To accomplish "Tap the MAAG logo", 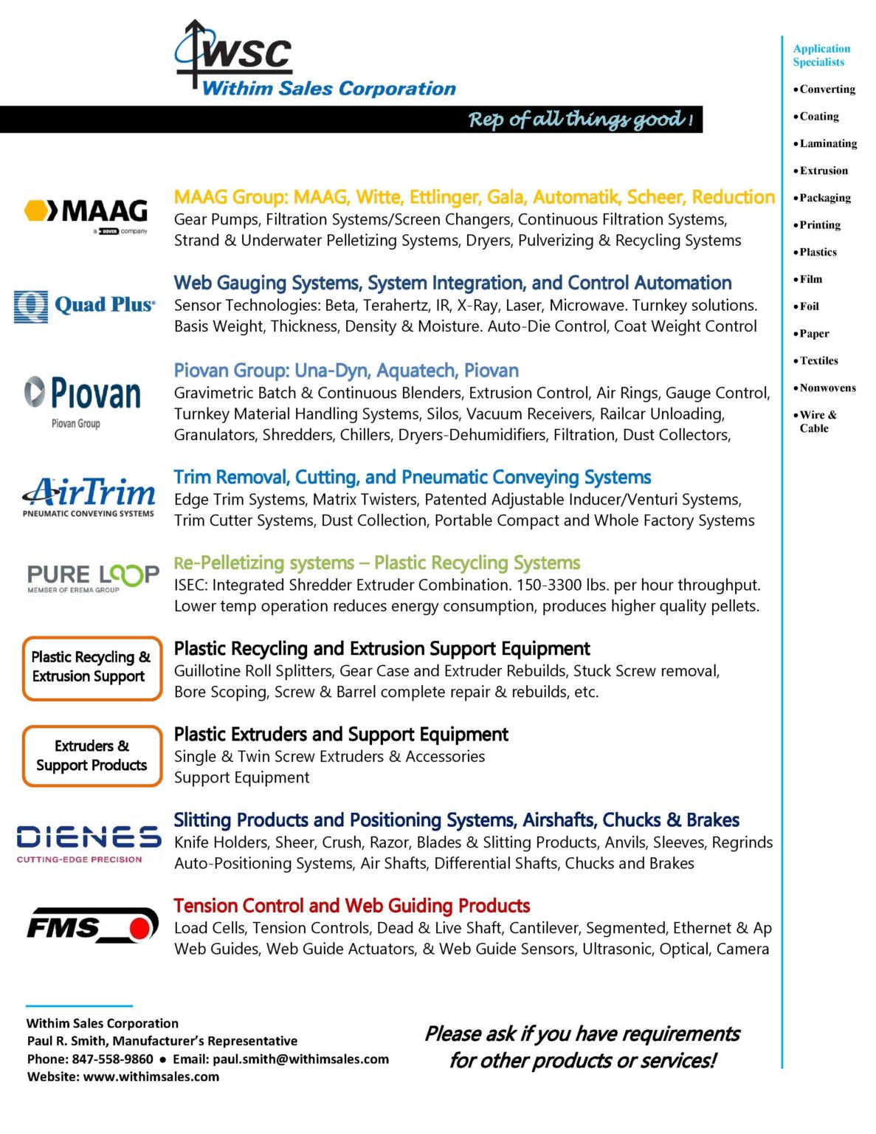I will [x=87, y=214].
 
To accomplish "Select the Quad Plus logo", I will [x=85, y=306].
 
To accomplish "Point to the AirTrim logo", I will [x=89, y=496].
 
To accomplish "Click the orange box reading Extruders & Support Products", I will [x=92, y=756].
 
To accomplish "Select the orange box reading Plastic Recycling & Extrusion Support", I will [x=92, y=667].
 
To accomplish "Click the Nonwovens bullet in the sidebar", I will [x=827, y=388].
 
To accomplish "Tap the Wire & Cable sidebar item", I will [x=817, y=422].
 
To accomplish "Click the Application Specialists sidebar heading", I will [x=821, y=55].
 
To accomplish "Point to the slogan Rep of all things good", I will [x=580, y=120].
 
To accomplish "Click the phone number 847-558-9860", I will [x=112, y=1059].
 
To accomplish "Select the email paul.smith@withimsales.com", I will [x=300, y=1059].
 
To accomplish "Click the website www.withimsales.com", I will [x=151, y=1077].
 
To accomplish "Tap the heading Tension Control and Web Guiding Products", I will [x=352, y=906].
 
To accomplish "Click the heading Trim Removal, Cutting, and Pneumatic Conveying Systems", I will [x=413, y=478].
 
